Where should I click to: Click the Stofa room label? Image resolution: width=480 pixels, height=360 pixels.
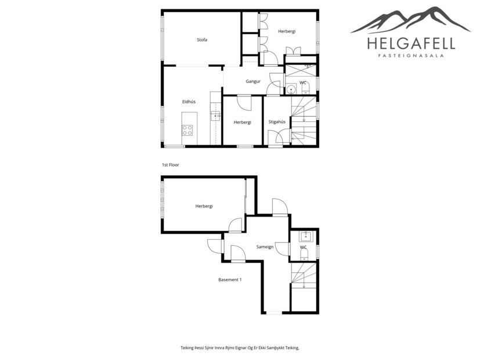point(202,40)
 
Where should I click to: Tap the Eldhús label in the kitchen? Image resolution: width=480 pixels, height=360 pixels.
point(189,102)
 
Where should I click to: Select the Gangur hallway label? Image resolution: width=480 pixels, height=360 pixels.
point(252,81)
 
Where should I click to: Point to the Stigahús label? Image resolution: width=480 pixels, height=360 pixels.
point(276,122)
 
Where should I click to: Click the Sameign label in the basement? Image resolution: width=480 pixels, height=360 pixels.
point(265,247)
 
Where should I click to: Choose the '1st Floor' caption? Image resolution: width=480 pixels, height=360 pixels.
point(171,165)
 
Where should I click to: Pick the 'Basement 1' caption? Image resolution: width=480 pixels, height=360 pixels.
point(230,279)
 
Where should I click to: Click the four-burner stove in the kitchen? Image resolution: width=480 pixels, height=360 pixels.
point(187,131)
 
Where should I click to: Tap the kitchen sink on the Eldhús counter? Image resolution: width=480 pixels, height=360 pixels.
point(215,116)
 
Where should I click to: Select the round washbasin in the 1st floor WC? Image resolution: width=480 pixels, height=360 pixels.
point(292,89)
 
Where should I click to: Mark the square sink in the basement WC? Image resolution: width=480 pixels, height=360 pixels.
point(306,236)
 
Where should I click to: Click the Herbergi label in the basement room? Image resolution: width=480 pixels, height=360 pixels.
point(204,206)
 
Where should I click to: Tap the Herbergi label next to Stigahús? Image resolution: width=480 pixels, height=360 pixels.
point(242,122)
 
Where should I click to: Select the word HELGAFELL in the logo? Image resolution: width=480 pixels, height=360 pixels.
point(411,44)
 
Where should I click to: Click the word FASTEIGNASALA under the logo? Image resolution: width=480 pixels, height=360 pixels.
point(411,56)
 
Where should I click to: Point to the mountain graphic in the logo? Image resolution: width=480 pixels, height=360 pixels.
point(411,20)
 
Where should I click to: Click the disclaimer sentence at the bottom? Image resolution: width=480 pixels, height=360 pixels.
point(240,347)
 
